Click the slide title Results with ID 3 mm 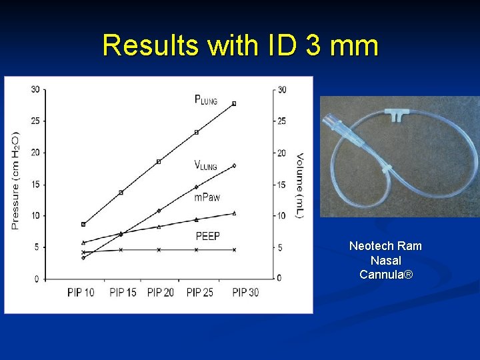point(240,46)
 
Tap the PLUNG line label point(205,100)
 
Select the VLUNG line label point(205,165)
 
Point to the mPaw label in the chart point(208,197)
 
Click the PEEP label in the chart point(208,236)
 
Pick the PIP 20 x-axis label point(160,292)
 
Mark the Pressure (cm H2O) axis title point(15,180)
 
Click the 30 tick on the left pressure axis point(35,89)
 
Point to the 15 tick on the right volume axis point(282,185)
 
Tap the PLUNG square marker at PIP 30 point(234,103)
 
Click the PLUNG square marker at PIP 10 point(83,224)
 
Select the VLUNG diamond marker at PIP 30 point(234,165)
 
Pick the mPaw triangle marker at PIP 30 point(234,213)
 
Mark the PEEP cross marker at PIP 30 point(234,249)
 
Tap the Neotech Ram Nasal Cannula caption point(385,260)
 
